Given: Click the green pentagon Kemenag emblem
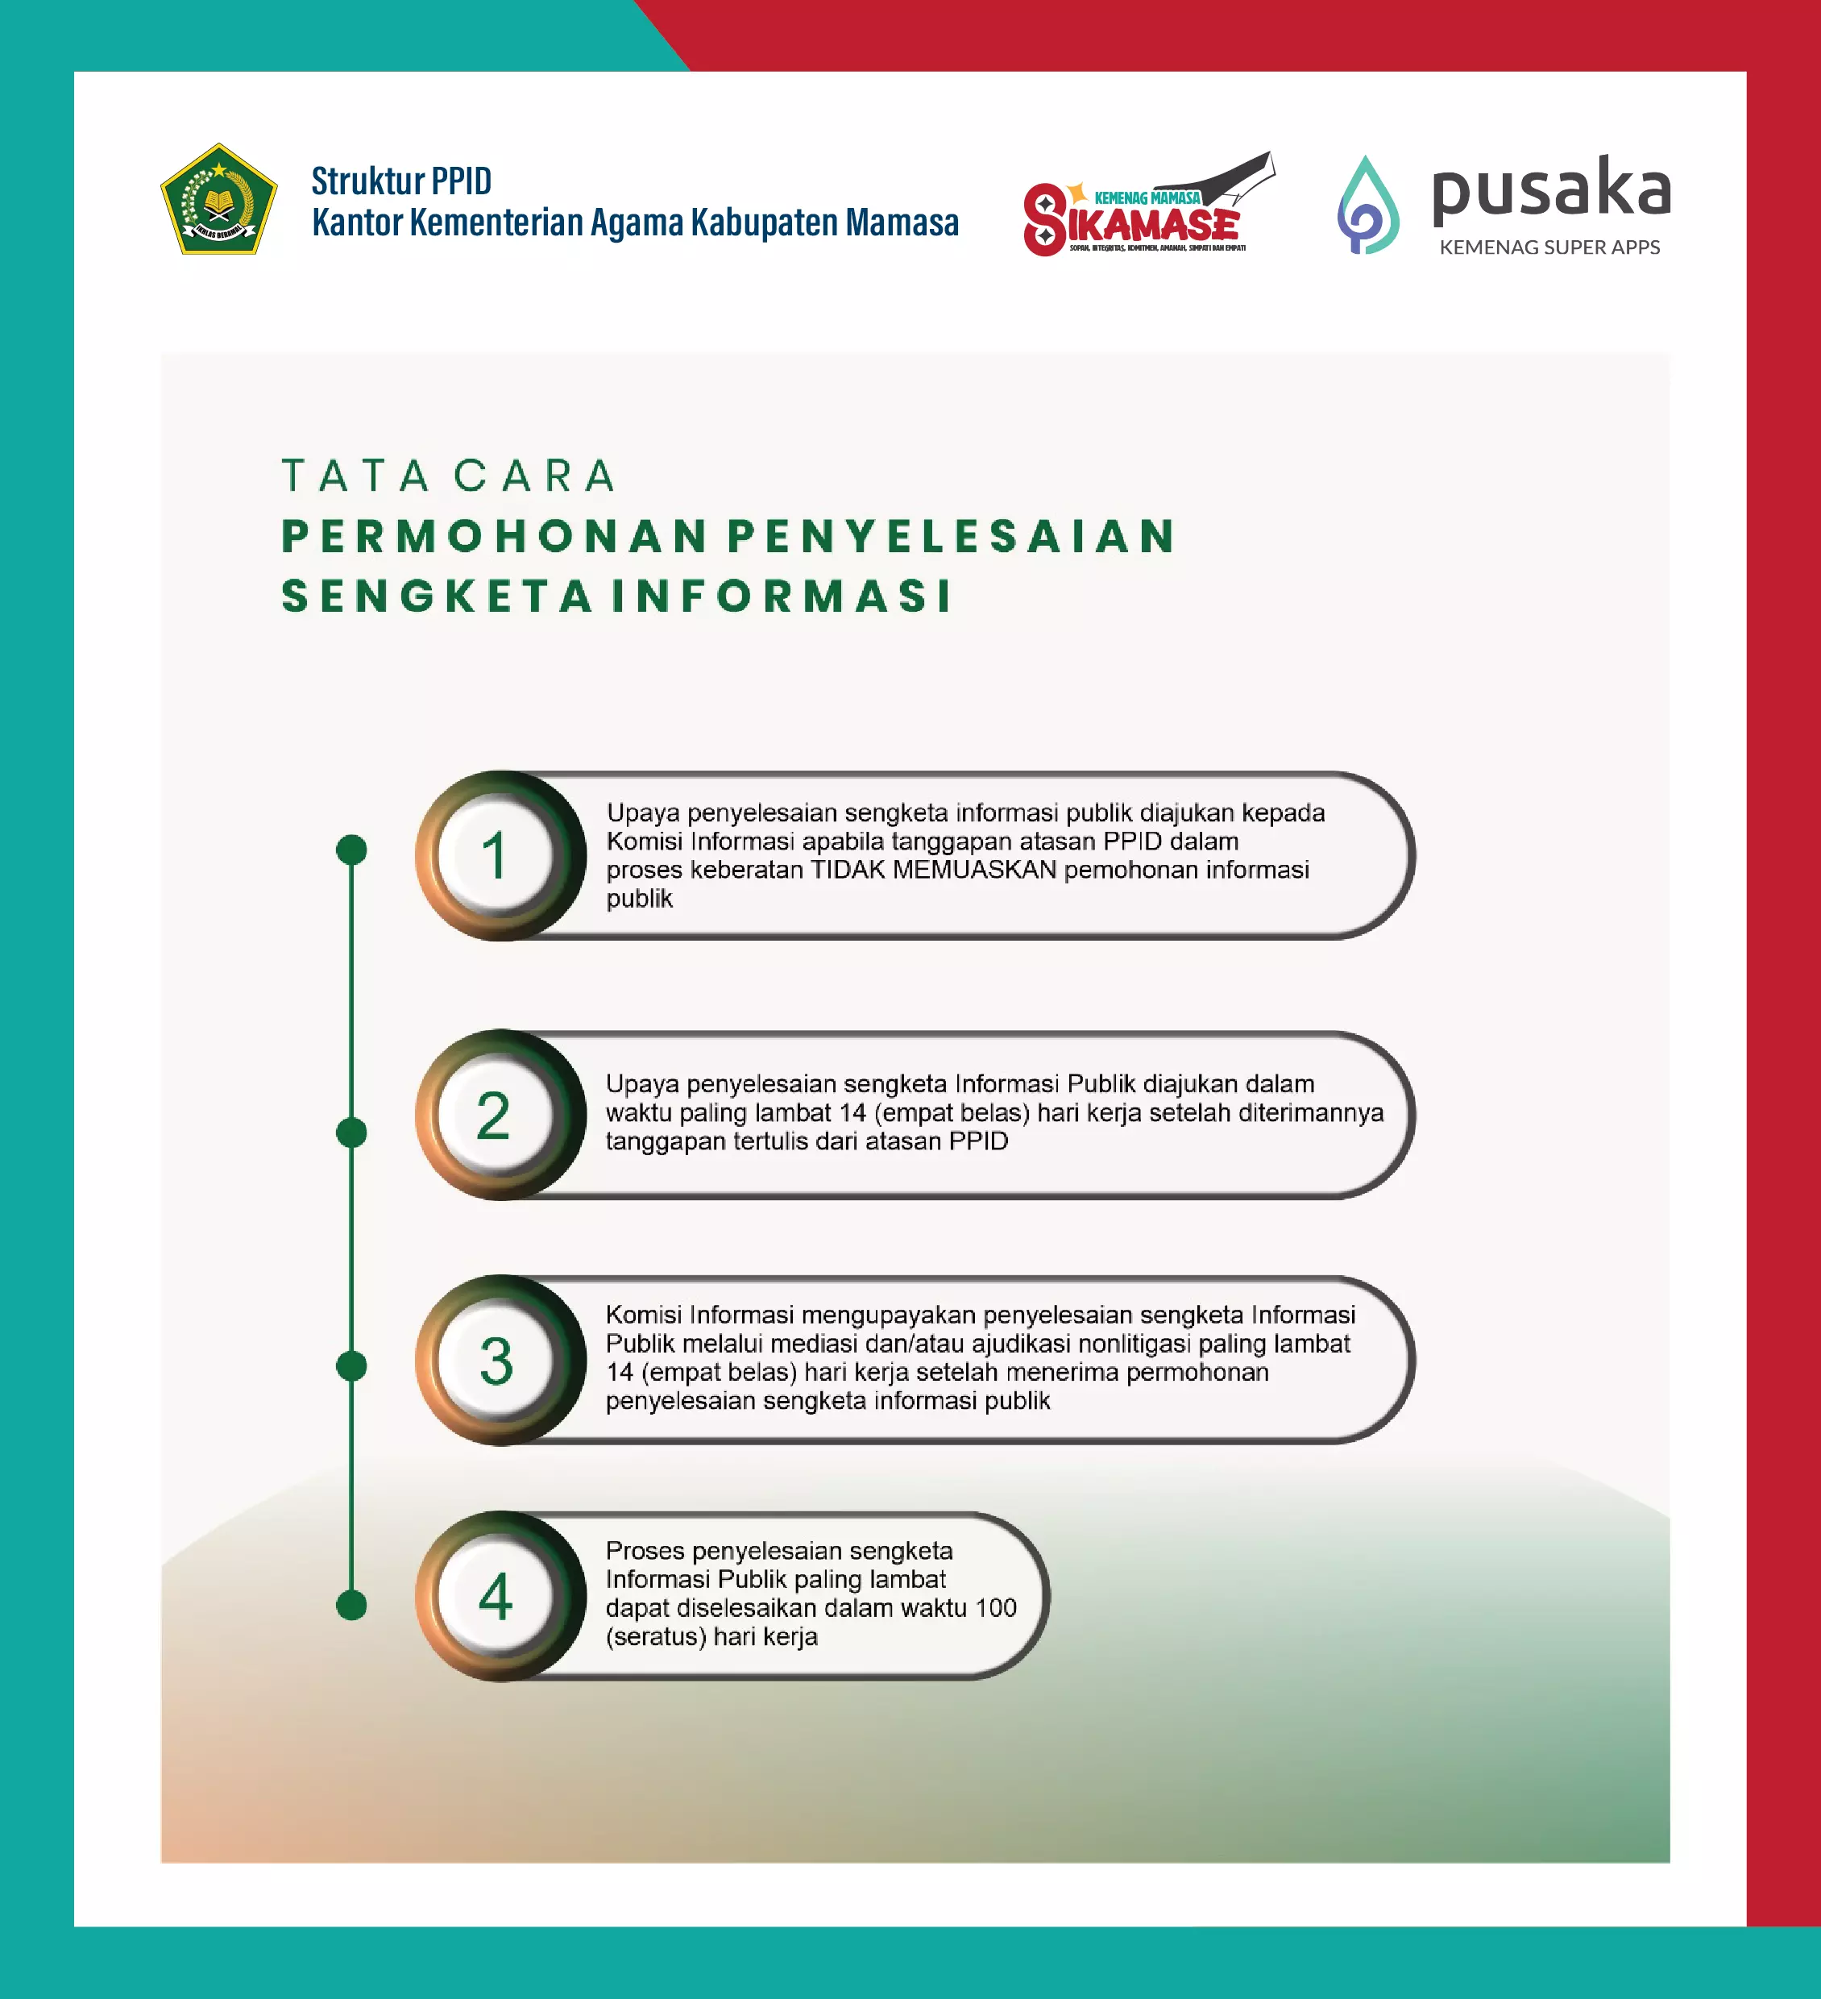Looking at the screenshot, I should [x=218, y=199].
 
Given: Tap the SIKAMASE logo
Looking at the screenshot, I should [x=1148, y=206].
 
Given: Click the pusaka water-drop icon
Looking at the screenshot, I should [x=1368, y=206].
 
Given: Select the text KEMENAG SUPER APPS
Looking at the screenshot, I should [x=1549, y=247].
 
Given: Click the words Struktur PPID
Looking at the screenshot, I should [x=401, y=181].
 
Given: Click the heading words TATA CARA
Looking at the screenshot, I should [x=449, y=476].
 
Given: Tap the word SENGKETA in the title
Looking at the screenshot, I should [x=436, y=596].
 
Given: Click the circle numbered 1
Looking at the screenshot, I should [x=496, y=856].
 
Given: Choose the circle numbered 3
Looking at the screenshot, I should [x=496, y=1361].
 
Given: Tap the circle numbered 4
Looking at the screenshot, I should [x=496, y=1597].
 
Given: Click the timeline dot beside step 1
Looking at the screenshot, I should [x=352, y=850].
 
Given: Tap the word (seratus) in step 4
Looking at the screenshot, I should [x=655, y=1636].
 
